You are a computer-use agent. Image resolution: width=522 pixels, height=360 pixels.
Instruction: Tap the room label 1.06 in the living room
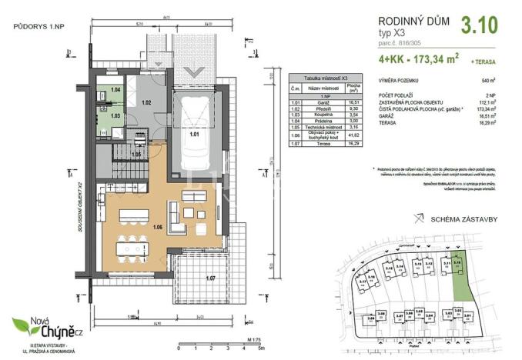click(x=158, y=228)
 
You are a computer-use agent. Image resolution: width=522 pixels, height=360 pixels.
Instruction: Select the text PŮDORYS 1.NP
click(x=38, y=28)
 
